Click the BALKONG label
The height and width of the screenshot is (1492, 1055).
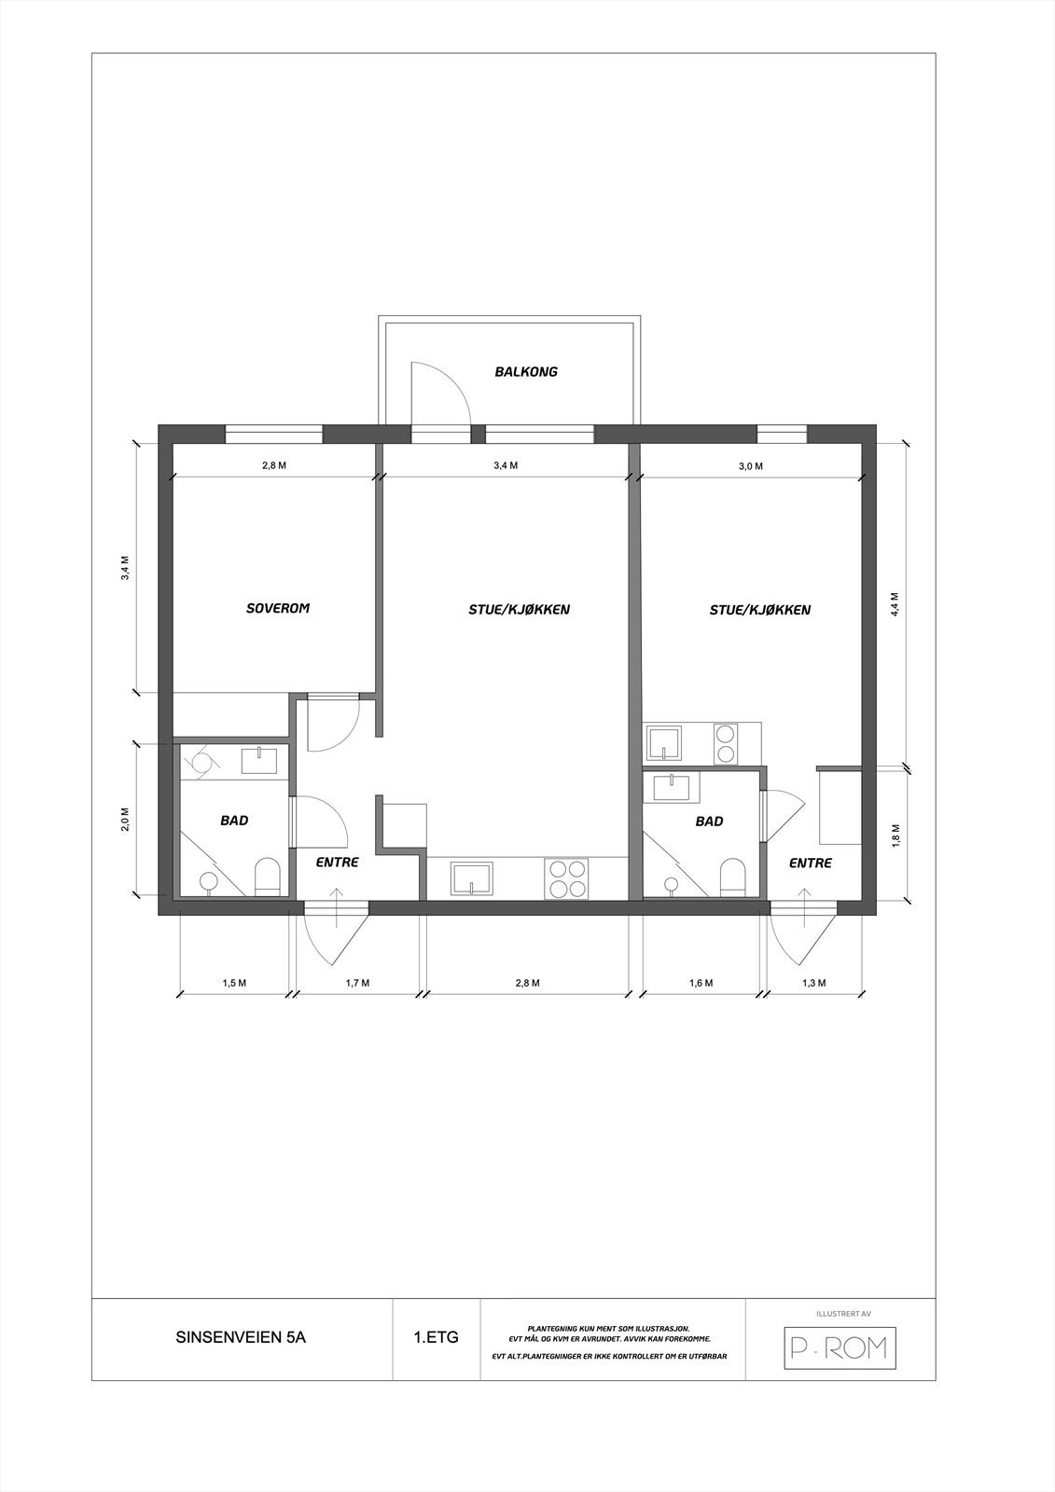(526, 372)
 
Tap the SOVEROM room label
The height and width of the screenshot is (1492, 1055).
(277, 609)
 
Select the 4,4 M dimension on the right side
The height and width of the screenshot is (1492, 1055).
(894, 604)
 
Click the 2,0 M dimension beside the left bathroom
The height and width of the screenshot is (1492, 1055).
(126, 820)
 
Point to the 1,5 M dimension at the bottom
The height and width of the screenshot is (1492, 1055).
(234, 983)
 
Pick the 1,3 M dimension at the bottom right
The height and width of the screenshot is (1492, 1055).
(813, 983)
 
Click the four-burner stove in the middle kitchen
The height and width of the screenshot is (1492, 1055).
(568, 878)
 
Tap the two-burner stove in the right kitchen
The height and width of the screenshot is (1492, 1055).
(726, 743)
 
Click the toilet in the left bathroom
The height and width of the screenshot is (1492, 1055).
(268, 877)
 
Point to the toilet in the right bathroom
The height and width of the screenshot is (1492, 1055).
(732, 877)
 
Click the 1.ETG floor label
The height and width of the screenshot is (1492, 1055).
(437, 1337)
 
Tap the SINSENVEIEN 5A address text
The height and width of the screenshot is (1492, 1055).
(241, 1337)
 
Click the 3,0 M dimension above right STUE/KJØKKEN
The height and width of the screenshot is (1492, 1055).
(751, 465)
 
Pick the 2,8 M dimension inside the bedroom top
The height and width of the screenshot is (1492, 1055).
(274, 465)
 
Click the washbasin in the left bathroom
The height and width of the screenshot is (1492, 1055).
(259, 761)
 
